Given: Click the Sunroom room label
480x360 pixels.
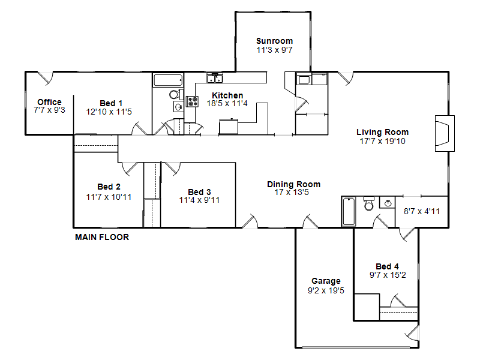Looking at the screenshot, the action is (x=274, y=41).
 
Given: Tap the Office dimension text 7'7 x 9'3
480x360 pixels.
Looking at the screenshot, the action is (x=49, y=110).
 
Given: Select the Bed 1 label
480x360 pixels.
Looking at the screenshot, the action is (x=111, y=103).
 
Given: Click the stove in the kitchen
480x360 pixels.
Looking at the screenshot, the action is (x=192, y=101).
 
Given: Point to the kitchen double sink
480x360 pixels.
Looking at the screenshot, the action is (x=215, y=79).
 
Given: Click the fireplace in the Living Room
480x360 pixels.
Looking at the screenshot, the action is (x=445, y=133).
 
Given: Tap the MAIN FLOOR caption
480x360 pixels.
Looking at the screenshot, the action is (x=102, y=237).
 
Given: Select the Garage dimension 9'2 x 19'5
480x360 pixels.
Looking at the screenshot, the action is (x=326, y=290).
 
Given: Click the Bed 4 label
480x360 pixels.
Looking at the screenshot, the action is (x=387, y=266).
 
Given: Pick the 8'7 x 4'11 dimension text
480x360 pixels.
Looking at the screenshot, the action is (x=422, y=211).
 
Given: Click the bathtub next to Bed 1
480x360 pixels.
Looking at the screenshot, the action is (x=169, y=80).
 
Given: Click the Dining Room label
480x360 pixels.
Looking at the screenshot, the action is (x=293, y=184).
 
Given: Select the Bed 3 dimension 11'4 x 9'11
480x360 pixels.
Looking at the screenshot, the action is (x=199, y=200).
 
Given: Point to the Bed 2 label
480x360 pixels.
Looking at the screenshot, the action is (x=109, y=187).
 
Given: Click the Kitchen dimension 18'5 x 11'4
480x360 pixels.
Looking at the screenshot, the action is (x=227, y=103).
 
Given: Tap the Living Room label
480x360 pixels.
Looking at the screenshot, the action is (x=382, y=132).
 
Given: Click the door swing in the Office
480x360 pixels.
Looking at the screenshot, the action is (x=46, y=78).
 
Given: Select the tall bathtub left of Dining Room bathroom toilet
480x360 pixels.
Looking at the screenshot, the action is (x=349, y=212).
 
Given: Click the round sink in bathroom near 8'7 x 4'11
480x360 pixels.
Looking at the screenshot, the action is (x=388, y=203).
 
